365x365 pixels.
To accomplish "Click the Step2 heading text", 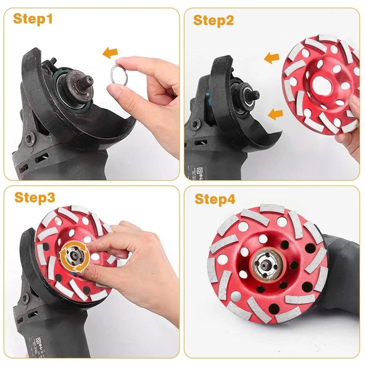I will (x=214, y=20).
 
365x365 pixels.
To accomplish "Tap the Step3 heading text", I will (x=34, y=198).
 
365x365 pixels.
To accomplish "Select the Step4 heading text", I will (x=215, y=199).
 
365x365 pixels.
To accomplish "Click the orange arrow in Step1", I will (x=109, y=53).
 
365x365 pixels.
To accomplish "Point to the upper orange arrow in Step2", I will (x=271, y=58).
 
